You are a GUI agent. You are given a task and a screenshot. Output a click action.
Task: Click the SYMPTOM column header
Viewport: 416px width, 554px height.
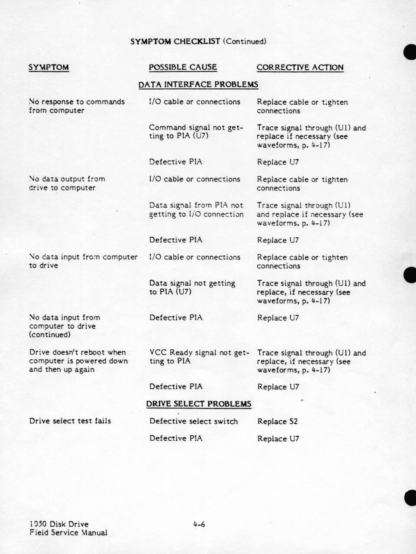point(49,68)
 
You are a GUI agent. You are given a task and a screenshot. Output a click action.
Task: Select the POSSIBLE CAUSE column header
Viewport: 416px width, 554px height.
point(182,68)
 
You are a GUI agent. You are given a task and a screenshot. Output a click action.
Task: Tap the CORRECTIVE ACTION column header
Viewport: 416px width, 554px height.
point(300,68)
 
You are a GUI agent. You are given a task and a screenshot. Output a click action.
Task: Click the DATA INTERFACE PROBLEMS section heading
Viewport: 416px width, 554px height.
point(198,85)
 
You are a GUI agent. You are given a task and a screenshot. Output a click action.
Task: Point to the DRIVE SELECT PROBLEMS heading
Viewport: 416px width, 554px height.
point(198,404)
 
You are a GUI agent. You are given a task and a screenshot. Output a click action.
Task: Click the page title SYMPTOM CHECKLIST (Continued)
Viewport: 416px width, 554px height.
point(198,42)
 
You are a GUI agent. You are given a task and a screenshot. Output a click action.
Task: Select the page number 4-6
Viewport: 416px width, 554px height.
point(199,525)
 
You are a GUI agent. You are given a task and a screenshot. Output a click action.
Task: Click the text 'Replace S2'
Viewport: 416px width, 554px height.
point(277,422)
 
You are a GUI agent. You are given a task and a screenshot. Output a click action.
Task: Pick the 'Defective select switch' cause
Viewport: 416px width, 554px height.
point(193,421)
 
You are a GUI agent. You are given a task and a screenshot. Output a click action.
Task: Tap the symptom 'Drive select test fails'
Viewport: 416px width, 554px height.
point(70,421)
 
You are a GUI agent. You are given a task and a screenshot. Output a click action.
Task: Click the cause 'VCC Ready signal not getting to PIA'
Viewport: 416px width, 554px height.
point(199,357)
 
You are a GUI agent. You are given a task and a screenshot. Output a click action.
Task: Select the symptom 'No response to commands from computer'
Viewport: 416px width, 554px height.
point(77,106)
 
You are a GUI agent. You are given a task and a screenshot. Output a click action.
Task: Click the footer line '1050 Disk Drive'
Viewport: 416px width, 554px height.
point(58,525)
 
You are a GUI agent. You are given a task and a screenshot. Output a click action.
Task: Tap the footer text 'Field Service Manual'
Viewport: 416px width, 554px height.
point(68,533)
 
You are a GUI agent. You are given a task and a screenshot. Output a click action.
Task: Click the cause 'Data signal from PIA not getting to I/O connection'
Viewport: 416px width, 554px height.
point(196,210)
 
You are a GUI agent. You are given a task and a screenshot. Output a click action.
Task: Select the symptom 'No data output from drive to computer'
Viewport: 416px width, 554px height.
point(67,184)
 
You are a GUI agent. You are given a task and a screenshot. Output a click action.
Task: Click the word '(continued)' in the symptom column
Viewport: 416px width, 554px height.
point(49,335)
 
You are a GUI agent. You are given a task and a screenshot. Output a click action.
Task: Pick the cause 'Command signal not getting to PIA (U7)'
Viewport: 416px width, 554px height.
point(196,132)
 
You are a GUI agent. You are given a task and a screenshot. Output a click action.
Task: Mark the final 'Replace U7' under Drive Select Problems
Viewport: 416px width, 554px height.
point(278,439)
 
